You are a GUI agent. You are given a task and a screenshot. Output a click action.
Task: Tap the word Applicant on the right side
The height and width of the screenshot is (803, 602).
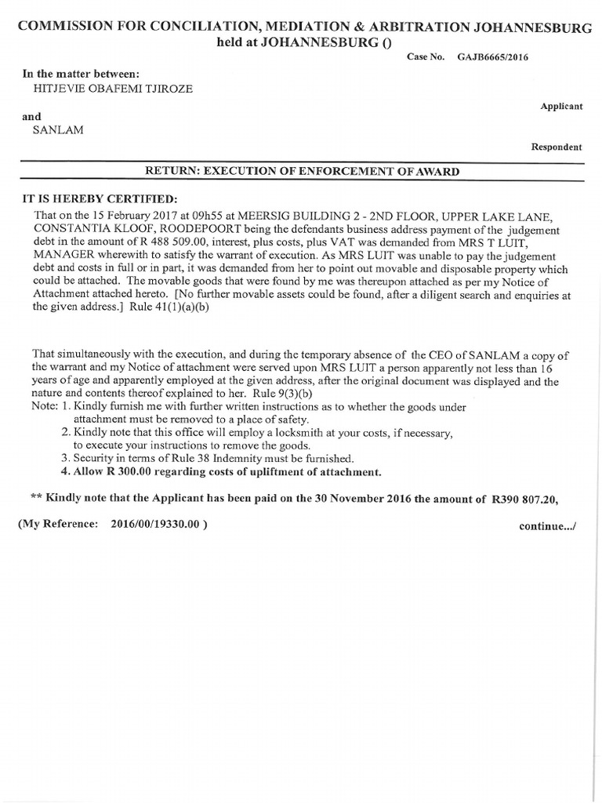(x=561, y=106)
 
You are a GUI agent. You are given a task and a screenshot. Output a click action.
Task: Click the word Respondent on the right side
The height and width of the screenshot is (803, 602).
(x=557, y=147)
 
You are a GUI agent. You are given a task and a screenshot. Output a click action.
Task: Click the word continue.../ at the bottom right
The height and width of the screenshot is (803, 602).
(x=547, y=525)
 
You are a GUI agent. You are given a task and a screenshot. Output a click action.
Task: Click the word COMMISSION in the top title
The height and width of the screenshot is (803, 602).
(x=70, y=26)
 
